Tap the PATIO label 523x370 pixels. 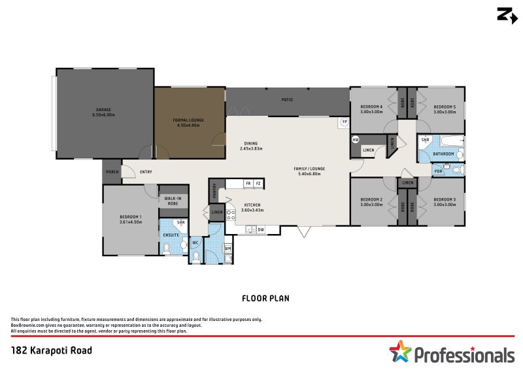tap(286, 100)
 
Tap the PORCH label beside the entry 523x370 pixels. tap(111, 173)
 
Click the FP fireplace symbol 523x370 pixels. tap(343, 122)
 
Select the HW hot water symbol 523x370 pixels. tap(356, 139)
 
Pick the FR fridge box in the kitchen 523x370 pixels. tap(248, 184)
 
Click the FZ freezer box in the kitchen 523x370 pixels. tap(258, 184)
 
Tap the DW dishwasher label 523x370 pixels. tap(260, 229)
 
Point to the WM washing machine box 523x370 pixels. tap(227, 248)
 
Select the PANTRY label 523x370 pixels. tap(214, 190)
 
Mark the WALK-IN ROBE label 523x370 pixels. tap(173, 201)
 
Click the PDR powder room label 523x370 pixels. tap(437, 171)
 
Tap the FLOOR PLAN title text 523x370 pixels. tap(265, 298)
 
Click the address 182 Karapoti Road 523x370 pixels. tap(52, 350)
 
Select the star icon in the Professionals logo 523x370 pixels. tap(400, 352)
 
